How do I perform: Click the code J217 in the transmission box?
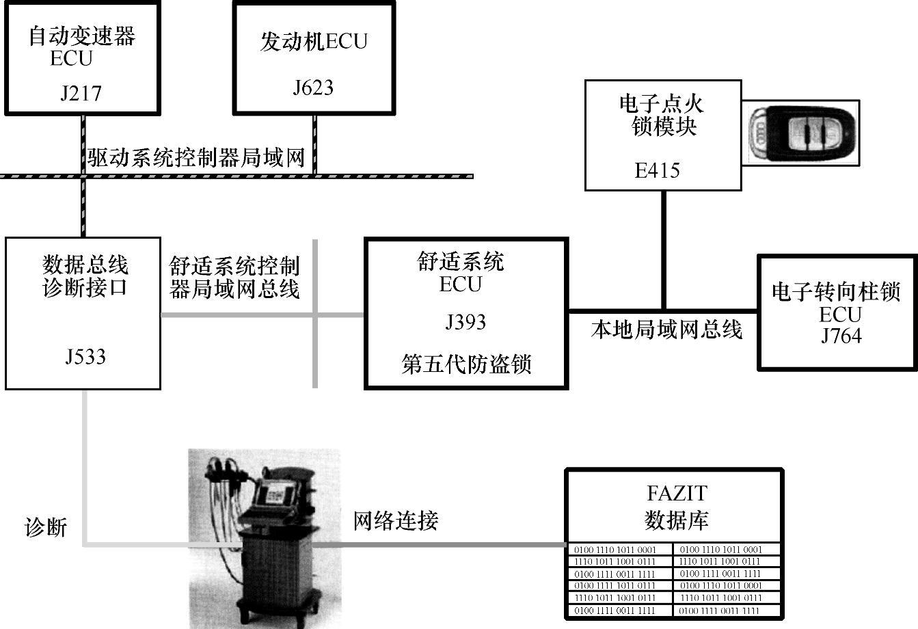[x=81, y=92]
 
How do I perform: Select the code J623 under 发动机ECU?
[x=313, y=88]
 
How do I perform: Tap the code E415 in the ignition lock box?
[x=657, y=170]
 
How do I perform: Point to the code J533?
[x=85, y=356]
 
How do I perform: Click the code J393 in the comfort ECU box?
[x=465, y=321]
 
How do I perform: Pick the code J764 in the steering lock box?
[x=841, y=336]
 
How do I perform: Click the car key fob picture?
[x=802, y=134]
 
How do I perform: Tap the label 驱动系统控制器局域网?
[x=195, y=158]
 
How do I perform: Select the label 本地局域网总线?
[x=666, y=330]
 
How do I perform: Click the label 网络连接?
[x=396, y=521]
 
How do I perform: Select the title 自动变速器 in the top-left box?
[x=82, y=36]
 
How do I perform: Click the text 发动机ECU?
[x=314, y=42]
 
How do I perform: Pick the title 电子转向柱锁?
[x=836, y=293]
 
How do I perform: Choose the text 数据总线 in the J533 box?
[x=85, y=264]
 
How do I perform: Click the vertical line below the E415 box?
[x=663, y=250]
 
